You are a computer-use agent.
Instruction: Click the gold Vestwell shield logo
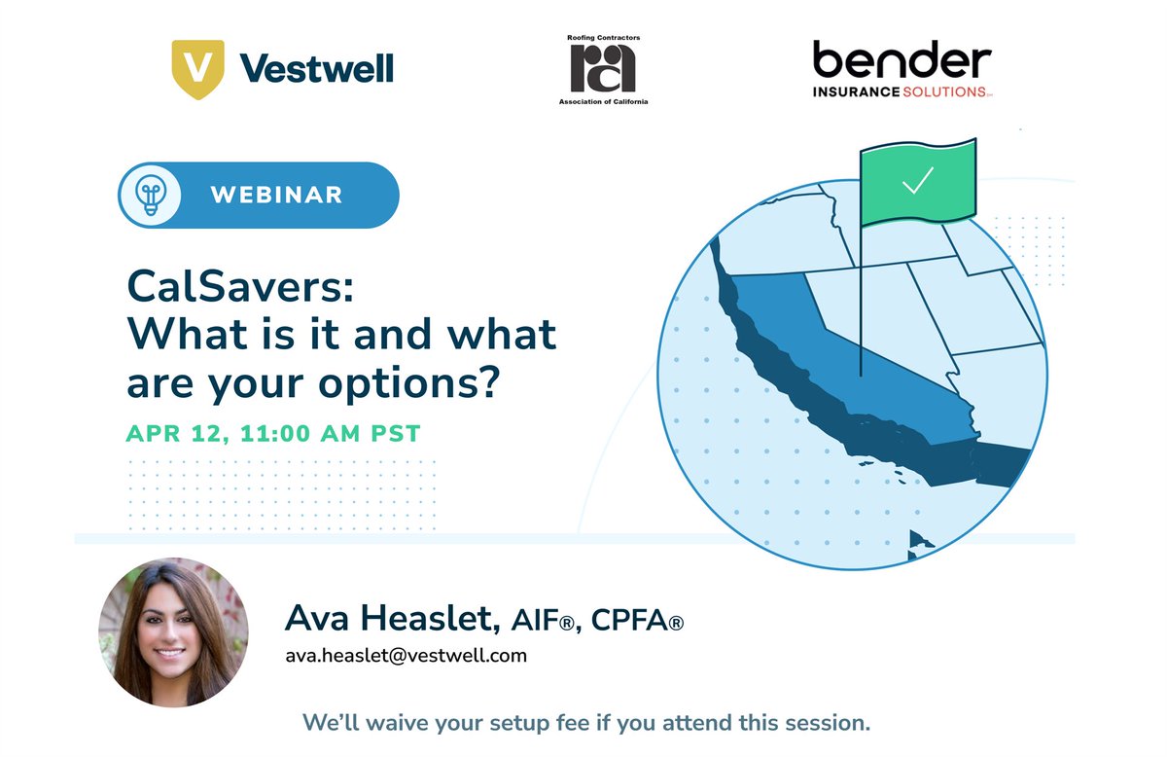coord(197,69)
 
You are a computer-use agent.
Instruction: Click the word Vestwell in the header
coord(315,69)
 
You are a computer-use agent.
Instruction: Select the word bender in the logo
coord(902,61)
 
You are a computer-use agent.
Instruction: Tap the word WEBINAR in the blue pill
coord(276,195)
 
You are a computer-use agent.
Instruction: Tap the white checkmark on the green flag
coord(916,182)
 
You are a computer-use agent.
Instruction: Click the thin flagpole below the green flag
coord(861,311)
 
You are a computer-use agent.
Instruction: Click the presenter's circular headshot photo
coord(173,631)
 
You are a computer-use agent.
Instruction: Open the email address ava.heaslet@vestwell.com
coord(406,655)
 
